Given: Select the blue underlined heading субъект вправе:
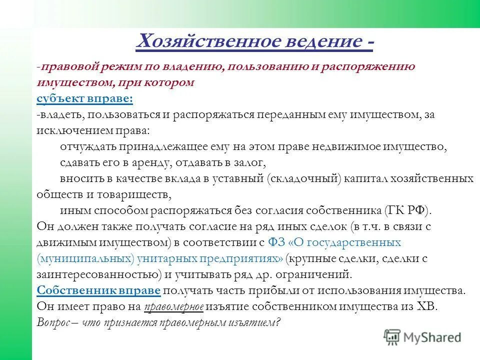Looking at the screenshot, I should pyautogui.click(x=84, y=98).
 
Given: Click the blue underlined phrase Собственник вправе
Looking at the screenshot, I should pyautogui.click(x=98, y=291).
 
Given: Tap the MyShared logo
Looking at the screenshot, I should pyautogui.click(x=422, y=336).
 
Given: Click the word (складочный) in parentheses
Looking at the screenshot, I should pyautogui.click(x=303, y=178).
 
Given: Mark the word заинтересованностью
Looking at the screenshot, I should pyautogui.click(x=95, y=274).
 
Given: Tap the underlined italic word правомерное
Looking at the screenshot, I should pyautogui.click(x=174, y=307).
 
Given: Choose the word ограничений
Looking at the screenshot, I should pyautogui.click(x=310, y=274).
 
